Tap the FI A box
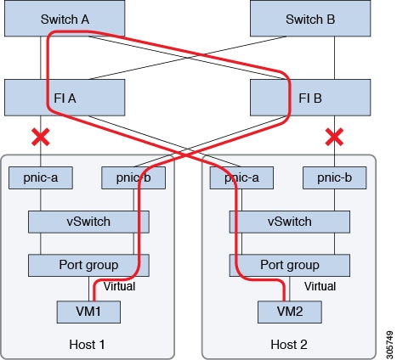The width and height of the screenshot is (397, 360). [x=65, y=97]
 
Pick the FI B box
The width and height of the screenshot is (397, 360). [x=309, y=97]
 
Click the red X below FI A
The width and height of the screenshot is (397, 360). [x=38, y=135]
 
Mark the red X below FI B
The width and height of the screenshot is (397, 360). [x=335, y=135]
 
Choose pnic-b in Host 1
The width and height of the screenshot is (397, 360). [x=133, y=178]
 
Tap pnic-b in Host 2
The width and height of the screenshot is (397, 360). [x=335, y=178]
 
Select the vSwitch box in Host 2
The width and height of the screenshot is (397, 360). [x=285, y=222]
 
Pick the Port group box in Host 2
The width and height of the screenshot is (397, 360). [x=285, y=264]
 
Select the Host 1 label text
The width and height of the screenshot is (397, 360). [x=88, y=344]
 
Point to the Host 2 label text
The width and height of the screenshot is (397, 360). [x=290, y=344]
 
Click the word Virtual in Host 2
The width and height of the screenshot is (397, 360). [x=320, y=287]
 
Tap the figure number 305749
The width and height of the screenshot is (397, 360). [x=387, y=337]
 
